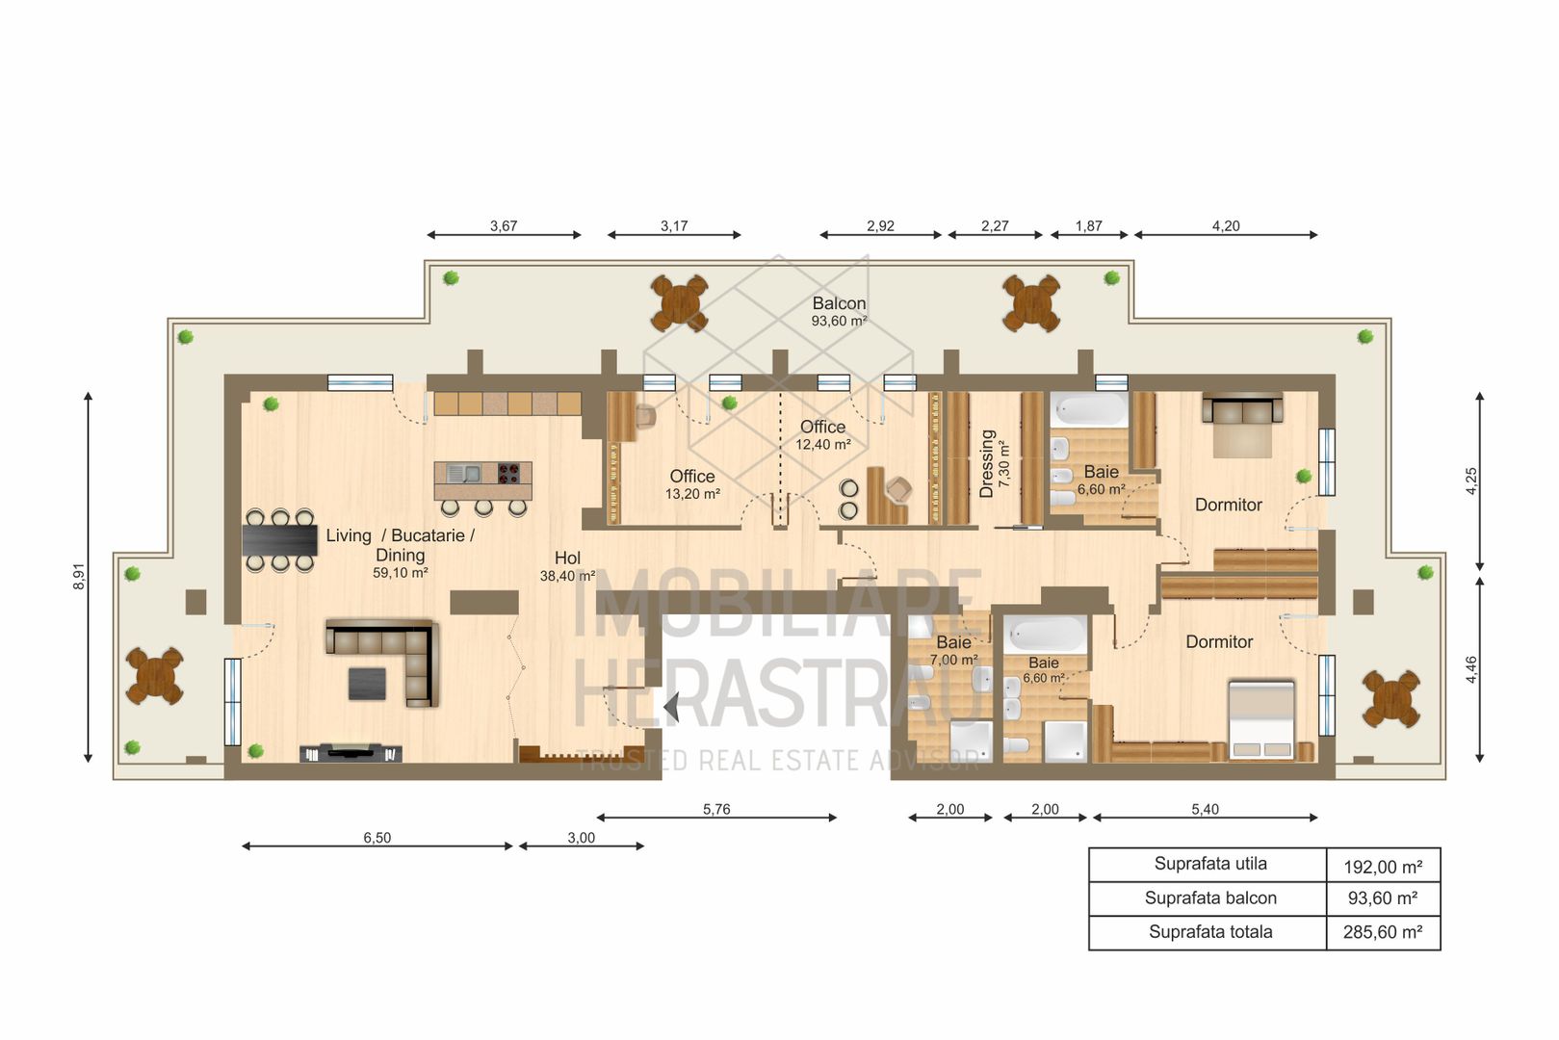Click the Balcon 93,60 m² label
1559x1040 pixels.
pyautogui.click(x=839, y=311)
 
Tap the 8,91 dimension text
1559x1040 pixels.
pyautogui.click(x=79, y=576)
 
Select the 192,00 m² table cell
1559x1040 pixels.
pyautogui.click(x=1383, y=867)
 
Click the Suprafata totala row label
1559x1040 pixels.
pyautogui.click(x=1210, y=932)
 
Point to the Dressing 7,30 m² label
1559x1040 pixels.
pyautogui.click(x=993, y=463)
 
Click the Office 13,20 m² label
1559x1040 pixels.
pyautogui.click(x=692, y=483)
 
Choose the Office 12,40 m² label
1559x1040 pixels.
pyautogui.click(x=822, y=434)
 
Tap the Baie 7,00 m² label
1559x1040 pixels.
pyautogui.click(x=953, y=650)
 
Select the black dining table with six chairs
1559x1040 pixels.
pyautogui.click(x=279, y=540)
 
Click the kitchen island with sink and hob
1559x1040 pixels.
pyautogui.click(x=483, y=480)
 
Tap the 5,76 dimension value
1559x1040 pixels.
pyautogui.click(x=716, y=809)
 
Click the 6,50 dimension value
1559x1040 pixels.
pyautogui.click(x=377, y=838)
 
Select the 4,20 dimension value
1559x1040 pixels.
pyautogui.click(x=1226, y=225)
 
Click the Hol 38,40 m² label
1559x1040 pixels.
pyautogui.click(x=567, y=566)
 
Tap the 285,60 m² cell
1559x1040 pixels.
pyautogui.click(x=1383, y=932)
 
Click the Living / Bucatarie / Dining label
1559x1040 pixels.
pyautogui.click(x=400, y=545)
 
